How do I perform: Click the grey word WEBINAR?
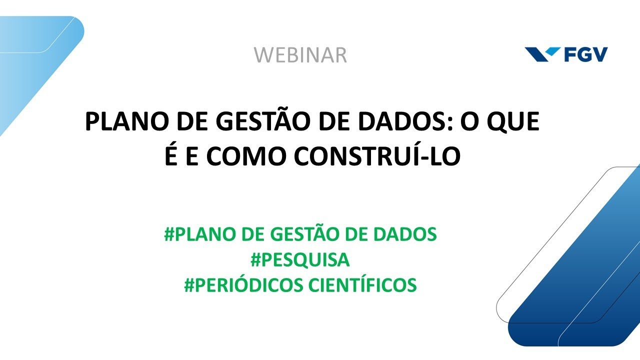[300, 55]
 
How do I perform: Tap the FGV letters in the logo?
[586, 54]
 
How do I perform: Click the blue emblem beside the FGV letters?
[543, 54]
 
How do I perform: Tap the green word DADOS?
[404, 234]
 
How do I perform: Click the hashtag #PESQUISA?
[300, 260]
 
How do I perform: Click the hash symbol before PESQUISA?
[255, 260]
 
